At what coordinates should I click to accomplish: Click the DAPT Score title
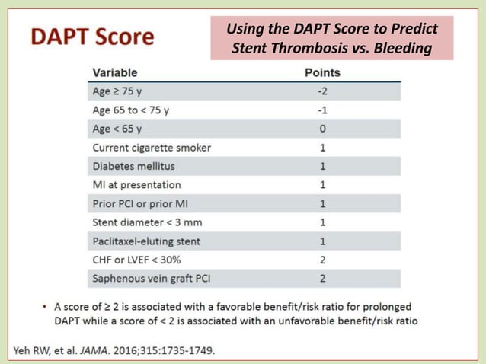click(x=92, y=37)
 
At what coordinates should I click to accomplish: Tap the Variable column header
click(x=115, y=73)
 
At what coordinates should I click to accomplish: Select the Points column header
click(x=322, y=73)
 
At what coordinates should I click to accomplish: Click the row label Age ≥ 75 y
click(x=117, y=91)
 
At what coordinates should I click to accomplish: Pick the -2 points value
click(x=322, y=91)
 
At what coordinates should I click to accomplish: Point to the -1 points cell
click(x=322, y=110)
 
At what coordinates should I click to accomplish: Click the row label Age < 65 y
click(x=117, y=129)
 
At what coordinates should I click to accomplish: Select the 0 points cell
click(x=323, y=129)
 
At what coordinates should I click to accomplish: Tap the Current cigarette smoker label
click(x=152, y=147)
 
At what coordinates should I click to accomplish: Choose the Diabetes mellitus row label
click(x=133, y=166)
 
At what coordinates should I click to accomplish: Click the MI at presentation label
click(x=136, y=184)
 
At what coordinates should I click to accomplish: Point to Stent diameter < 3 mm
click(x=147, y=222)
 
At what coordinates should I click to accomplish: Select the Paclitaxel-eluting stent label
click(x=146, y=241)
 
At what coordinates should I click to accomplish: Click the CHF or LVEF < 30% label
click(x=136, y=260)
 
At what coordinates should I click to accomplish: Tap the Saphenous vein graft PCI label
click(x=151, y=278)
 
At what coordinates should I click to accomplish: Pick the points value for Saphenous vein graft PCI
click(x=323, y=278)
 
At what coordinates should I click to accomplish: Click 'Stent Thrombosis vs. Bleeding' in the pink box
click(x=331, y=49)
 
